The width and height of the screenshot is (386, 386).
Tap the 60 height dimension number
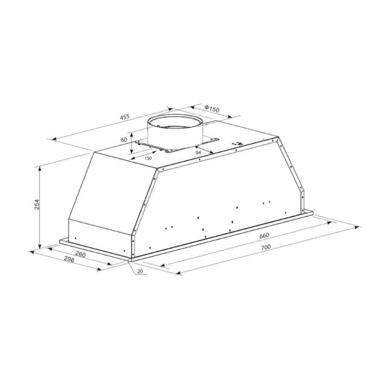[124, 139]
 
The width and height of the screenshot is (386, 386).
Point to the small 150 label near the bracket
[148, 158]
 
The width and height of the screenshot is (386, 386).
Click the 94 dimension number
[198, 153]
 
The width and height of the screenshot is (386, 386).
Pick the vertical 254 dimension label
[37, 205]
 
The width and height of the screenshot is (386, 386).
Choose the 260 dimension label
[81, 254]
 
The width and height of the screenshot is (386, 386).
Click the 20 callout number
[140, 272]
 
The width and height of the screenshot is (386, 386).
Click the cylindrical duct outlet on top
[175, 130]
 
